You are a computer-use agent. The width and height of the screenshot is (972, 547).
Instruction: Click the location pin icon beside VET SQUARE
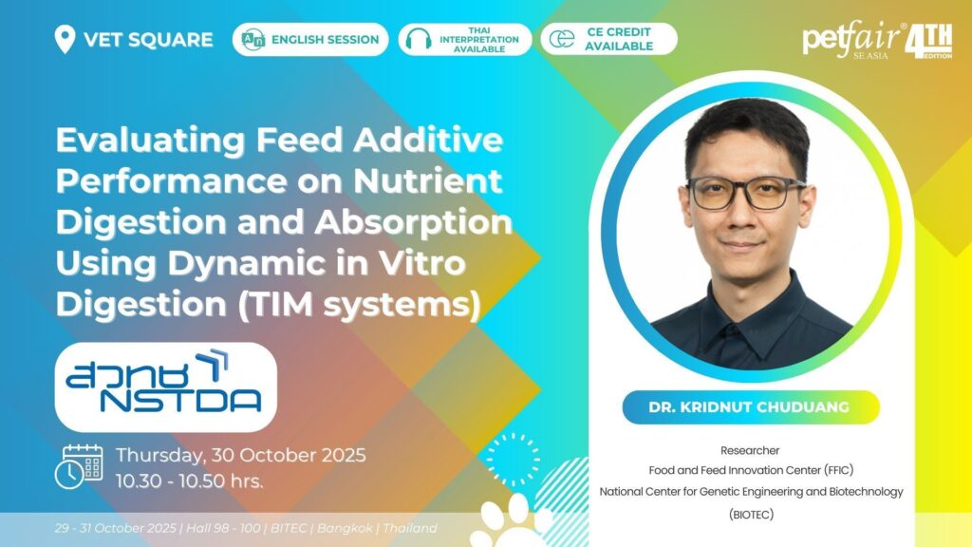coord(65,39)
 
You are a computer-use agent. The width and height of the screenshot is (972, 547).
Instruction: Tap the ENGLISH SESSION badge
coord(310,40)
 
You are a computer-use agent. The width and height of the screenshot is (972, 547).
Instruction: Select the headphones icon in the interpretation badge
coord(419,39)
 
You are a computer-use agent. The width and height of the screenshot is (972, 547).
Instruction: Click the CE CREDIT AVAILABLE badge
coord(608,39)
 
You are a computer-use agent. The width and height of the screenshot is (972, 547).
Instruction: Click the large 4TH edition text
coord(928,41)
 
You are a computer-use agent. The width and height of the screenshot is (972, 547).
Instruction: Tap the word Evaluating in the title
coord(151,141)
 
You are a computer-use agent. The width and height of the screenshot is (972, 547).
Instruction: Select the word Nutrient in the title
coord(428,181)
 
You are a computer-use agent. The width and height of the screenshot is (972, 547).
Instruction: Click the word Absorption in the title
coord(414,222)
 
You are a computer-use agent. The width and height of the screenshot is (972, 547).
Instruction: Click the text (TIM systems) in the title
coord(359,305)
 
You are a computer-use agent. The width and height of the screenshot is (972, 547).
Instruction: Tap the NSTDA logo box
coord(165,387)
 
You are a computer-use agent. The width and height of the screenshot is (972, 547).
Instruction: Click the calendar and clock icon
coord(79,466)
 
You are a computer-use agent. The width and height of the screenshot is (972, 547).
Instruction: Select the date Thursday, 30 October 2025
coord(240,455)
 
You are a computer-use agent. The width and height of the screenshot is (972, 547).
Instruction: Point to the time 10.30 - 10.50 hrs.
coord(189,481)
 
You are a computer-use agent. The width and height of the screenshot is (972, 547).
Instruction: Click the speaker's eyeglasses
coord(746,192)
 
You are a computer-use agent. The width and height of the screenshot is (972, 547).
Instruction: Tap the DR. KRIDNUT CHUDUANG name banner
coord(751,406)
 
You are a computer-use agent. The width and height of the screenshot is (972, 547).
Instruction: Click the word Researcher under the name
coord(750,450)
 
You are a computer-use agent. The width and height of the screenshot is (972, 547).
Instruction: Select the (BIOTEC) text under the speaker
coord(751,514)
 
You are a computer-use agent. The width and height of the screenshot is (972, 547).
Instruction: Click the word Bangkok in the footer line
coord(345,528)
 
